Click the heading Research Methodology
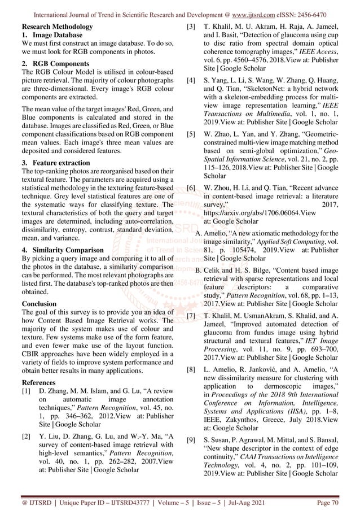pyautogui.click(x=56, y=27)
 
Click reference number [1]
pyautogui.click(x=26, y=391)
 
